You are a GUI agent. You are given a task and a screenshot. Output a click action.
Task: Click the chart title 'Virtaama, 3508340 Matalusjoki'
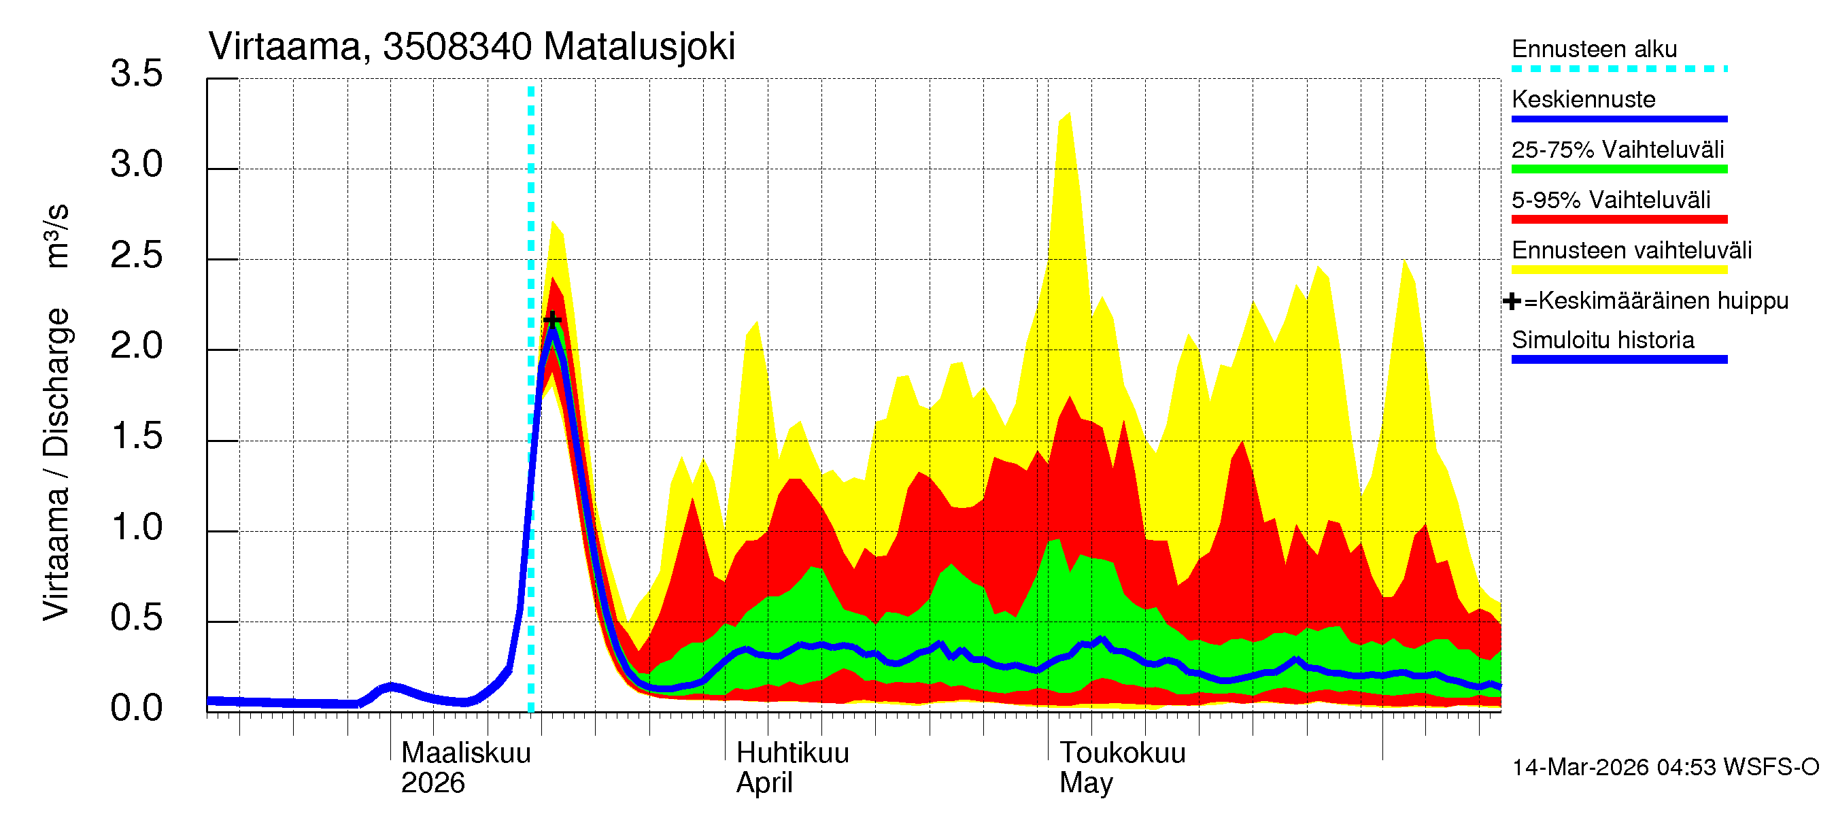coord(471,47)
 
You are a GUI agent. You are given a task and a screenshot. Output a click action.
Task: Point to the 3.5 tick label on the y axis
coord(136,74)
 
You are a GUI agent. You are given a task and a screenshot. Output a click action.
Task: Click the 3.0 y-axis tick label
coord(136,165)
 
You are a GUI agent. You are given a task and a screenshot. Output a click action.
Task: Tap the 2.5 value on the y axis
coord(136,255)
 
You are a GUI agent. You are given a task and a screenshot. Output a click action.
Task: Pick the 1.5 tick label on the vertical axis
coord(136,436)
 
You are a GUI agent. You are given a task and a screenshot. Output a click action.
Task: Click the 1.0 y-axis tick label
coord(136,528)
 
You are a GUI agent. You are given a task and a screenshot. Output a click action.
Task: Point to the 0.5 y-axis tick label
coord(136,618)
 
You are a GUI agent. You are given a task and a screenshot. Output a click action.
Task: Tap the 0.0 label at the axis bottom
coord(136,709)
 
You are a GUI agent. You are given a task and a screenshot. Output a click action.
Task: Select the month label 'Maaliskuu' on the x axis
coord(466,753)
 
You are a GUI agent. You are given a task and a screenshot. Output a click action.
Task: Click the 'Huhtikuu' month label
coord(793,753)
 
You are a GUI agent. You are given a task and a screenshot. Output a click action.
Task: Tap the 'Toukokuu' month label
coord(1123,753)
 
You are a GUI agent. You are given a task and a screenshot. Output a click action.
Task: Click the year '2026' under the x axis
coord(432,783)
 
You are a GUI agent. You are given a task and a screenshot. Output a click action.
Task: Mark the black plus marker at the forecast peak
coord(551,320)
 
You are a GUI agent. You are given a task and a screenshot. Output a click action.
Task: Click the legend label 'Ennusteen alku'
coord(1595,49)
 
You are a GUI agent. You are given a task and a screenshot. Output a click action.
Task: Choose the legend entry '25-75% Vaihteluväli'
coord(1617,150)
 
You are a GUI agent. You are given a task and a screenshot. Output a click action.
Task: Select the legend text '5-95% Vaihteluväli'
coord(1611,200)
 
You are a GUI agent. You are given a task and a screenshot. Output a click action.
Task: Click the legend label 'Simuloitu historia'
coord(1603,340)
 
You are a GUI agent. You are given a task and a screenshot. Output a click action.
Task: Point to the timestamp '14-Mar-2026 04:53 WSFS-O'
coord(1665,768)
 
